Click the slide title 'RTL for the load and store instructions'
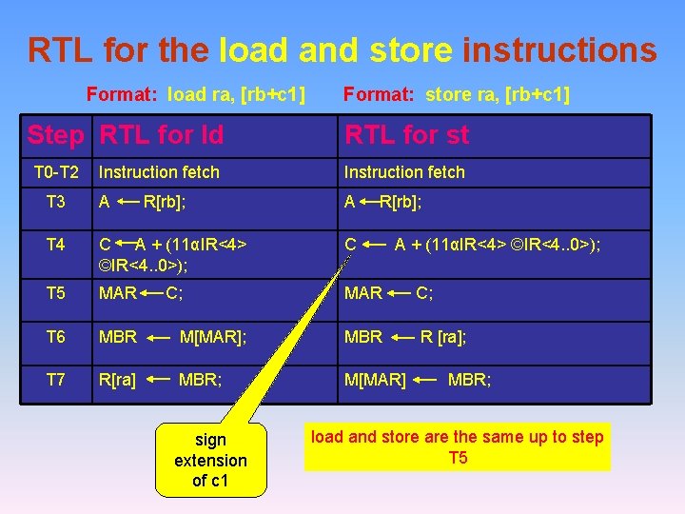point(342,49)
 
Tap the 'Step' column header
point(55,135)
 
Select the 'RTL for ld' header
point(162,135)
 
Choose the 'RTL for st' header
point(406,135)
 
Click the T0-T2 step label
point(56,172)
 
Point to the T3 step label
point(56,202)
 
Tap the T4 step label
point(56,245)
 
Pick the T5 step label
point(56,293)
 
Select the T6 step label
point(56,337)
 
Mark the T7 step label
point(56,380)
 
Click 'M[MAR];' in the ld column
point(213,337)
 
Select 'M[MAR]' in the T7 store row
point(375,381)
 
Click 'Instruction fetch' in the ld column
point(159,172)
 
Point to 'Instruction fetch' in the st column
point(404,172)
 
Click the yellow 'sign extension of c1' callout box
point(210,460)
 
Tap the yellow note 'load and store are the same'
point(458,447)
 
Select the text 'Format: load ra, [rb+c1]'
point(196,94)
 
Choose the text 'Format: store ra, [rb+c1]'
point(456,94)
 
